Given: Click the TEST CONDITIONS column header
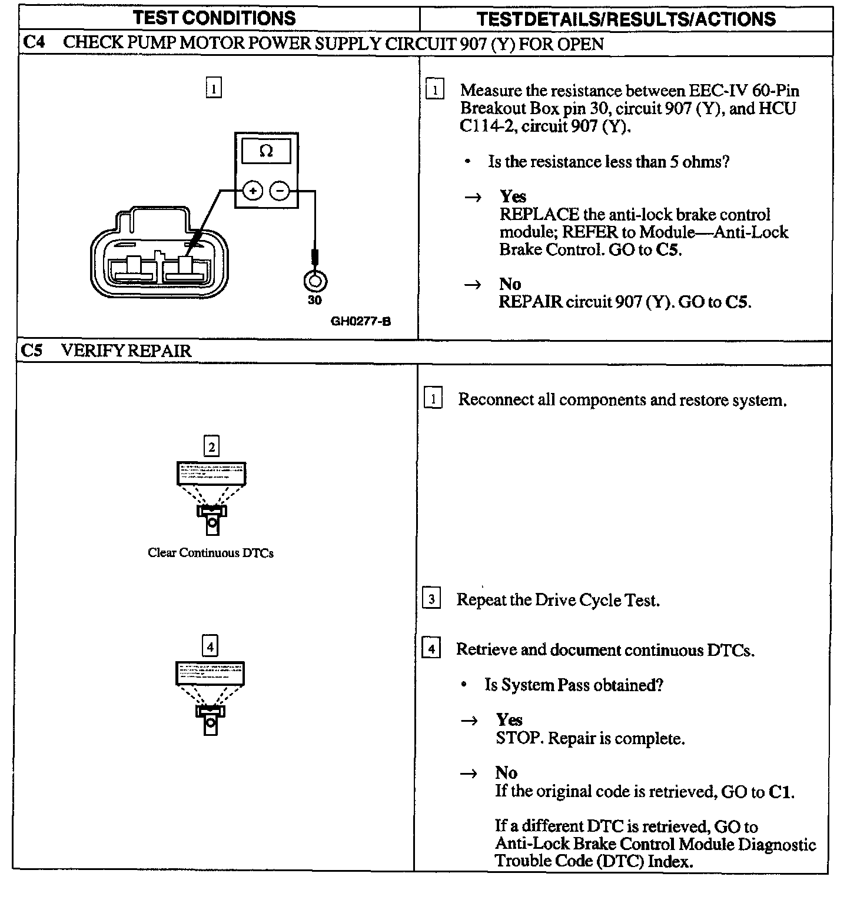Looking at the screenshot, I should [214, 18].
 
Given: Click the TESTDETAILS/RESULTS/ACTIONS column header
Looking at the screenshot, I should [626, 19].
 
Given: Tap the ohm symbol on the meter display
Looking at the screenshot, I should [266, 152].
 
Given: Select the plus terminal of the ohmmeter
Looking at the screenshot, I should [253, 191].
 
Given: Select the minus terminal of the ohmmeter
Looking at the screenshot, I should [280, 191].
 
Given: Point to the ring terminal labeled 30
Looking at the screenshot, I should [315, 282].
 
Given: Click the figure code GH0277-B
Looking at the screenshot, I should [361, 321].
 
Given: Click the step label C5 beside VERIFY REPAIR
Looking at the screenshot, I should [32, 351].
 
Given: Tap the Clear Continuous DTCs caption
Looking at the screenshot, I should [211, 553].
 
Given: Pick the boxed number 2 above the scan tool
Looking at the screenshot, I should [211, 446].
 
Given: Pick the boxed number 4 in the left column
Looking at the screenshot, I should [210, 647].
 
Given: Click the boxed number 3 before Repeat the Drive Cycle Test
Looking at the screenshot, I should [432, 599].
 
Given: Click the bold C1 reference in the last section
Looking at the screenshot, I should [780, 792].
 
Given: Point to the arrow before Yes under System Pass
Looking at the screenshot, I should [469, 721].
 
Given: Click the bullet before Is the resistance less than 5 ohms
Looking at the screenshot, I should [467, 162].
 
